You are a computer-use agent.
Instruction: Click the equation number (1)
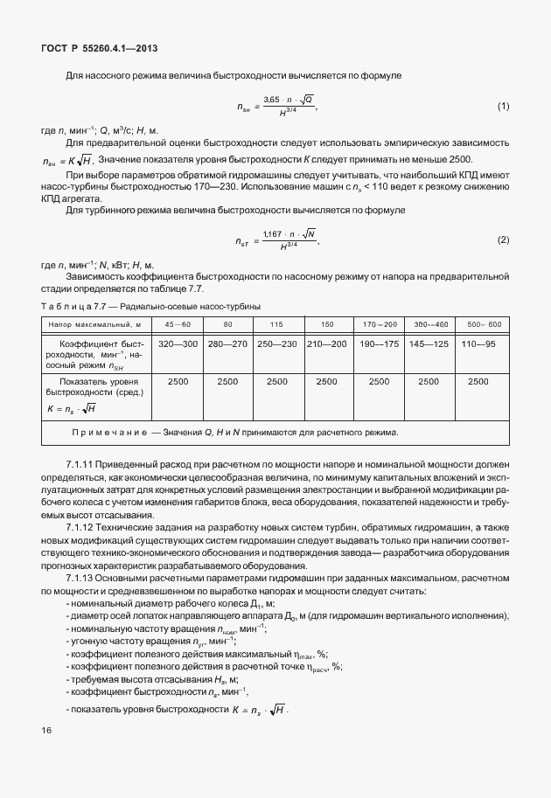pos(503,107)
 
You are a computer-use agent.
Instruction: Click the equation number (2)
pos(503,239)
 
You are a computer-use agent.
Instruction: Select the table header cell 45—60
pos(178,324)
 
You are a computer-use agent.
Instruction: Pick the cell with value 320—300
pos(178,343)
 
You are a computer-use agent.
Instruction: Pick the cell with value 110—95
pos(478,343)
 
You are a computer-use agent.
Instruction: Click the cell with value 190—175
pos(379,343)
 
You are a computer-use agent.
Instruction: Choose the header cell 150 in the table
pos(326,324)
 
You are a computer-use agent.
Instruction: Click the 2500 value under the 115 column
pos(276,382)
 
